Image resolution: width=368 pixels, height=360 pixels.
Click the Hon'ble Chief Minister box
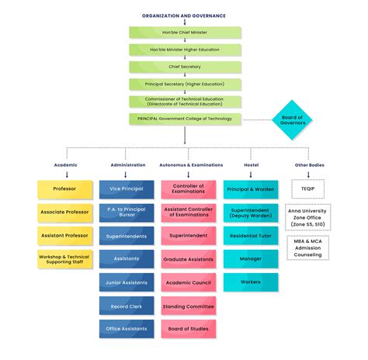(185, 33)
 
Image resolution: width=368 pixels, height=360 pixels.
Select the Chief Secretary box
(185, 67)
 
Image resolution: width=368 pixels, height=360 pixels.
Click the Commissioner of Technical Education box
(185, 101)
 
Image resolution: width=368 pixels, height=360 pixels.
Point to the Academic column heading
(65, 164)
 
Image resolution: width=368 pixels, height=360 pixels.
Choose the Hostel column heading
(251, 164)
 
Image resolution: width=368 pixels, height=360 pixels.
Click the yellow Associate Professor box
(65, 211)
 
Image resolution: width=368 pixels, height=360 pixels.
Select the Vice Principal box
(127, 189)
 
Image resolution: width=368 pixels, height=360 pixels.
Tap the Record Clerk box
(127, 306)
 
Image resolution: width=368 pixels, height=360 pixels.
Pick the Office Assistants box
(127, 329)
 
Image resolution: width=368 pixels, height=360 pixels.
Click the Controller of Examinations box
(189, 189)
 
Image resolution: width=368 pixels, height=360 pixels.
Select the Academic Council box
(189, 282)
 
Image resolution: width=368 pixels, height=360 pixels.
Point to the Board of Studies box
(189, 329)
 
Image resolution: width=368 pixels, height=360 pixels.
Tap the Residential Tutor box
(251, 235)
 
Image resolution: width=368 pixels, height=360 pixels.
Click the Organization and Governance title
(185, 16)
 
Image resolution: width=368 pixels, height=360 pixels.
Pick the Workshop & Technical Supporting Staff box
(65, 258)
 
